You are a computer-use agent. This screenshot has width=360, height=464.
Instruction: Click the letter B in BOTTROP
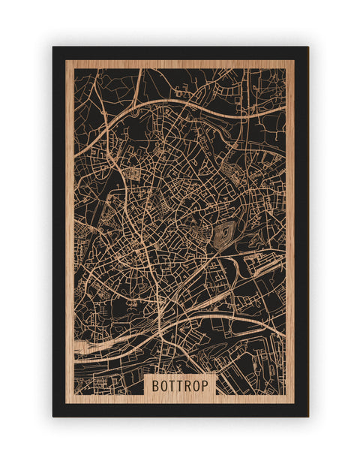coord(155,385)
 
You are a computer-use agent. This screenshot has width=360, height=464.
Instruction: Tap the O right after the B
coord(164,385)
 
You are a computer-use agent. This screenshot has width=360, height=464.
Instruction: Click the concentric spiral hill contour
coord(224,236)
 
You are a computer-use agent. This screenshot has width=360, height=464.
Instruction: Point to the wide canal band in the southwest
coord(97,346)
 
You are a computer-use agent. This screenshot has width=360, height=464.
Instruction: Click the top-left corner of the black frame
coord(53,47)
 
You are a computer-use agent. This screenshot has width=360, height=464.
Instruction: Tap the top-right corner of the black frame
coord(307,47)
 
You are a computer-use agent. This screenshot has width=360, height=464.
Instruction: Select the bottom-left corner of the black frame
coord(53,416)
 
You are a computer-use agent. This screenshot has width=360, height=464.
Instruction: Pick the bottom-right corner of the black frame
coord(307,416)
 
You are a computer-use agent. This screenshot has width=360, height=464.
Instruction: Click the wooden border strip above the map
coord(180,65)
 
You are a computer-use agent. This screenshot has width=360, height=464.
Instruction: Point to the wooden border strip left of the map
coord(70,225)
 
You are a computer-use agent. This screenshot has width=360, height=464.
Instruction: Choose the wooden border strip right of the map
coord(289,225)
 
